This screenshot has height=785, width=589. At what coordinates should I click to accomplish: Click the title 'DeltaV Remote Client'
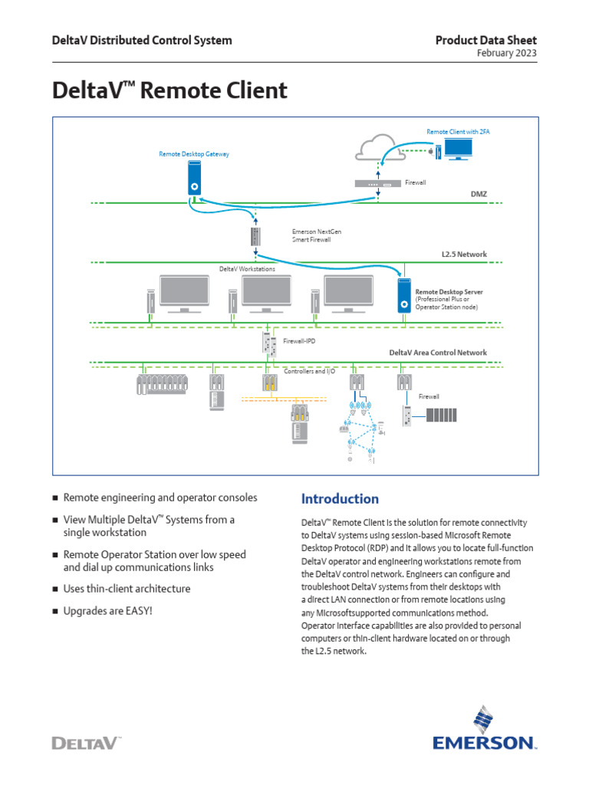tap(169, 90)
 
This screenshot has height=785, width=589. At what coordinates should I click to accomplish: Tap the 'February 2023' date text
tap(507, 54)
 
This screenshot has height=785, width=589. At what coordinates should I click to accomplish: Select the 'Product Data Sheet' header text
tap(486, 40)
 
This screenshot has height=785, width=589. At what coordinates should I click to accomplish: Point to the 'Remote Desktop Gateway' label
tap(194, 154)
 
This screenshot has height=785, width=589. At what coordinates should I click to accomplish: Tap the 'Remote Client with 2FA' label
tap(458, 132)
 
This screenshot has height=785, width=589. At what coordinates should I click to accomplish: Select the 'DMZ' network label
tap(479, 195)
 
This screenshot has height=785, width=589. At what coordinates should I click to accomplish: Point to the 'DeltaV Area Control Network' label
tap(438, 353)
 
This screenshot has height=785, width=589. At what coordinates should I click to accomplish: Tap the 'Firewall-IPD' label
tap(299, 340)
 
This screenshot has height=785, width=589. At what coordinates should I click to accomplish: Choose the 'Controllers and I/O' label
tap(310, 371)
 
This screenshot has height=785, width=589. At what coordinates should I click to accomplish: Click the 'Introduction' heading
tap(340, 499)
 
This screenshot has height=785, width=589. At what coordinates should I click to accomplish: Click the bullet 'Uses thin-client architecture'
tap(127, 589)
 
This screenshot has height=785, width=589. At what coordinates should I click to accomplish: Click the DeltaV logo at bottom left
tap(86, 743)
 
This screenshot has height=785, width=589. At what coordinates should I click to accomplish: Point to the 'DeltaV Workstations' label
tap(247, 269)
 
